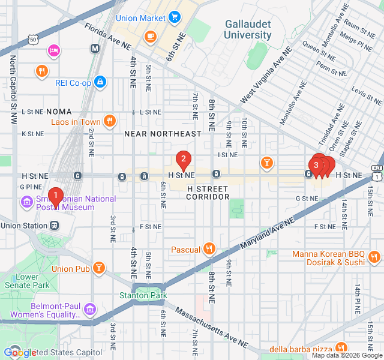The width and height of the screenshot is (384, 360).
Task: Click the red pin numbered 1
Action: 55,196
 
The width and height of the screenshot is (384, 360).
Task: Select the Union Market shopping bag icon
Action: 174,18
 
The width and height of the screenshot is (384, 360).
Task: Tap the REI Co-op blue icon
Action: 100,80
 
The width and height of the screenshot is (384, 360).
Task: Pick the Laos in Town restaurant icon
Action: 109,121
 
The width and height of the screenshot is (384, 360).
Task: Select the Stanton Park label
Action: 143,295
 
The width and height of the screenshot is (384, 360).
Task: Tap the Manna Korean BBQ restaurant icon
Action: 374,257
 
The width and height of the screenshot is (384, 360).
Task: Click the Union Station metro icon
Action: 55,226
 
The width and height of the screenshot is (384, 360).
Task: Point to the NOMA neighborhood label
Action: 58,112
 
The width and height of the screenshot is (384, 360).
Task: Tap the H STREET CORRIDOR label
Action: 208,193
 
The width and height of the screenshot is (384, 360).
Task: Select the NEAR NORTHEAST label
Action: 163,133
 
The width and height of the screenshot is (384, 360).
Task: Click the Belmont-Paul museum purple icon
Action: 89,310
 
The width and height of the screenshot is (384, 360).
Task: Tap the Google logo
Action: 20,353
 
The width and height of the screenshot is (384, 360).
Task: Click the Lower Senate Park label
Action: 32,281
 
